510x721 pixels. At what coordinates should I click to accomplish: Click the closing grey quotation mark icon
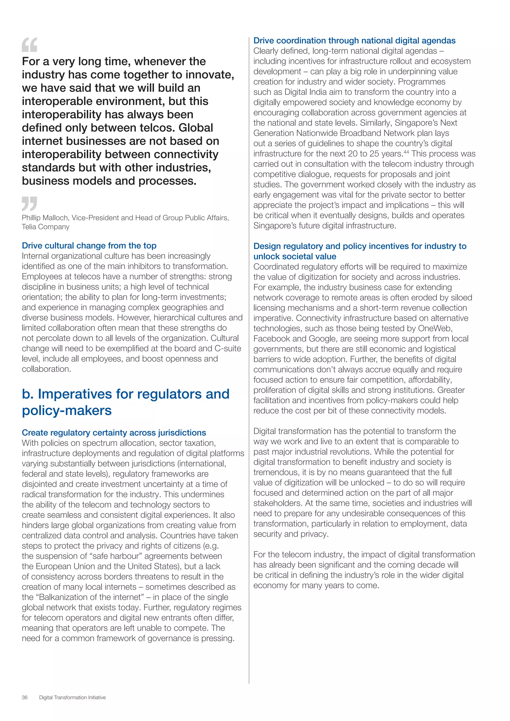[30, 203]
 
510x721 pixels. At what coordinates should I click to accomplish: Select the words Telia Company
[46, 227]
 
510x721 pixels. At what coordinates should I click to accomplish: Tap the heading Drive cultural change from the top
[89, 245]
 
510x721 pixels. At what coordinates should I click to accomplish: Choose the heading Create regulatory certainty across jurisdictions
[114, 433]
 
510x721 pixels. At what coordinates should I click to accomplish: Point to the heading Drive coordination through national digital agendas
[354, 41]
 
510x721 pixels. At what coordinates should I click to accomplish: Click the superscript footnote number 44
[406, 152]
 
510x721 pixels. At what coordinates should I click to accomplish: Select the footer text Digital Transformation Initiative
[72, 706]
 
